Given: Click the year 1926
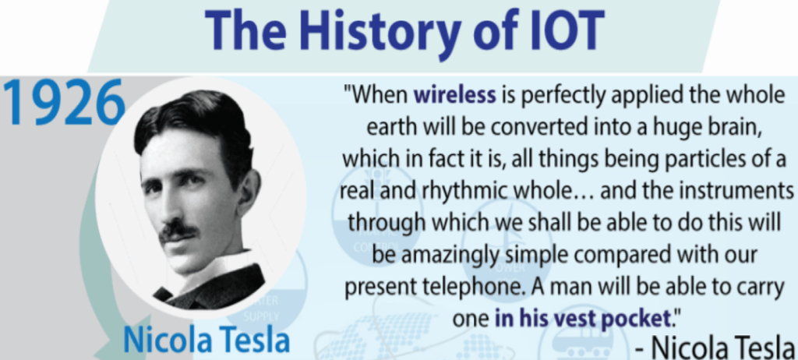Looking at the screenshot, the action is coord(64,103).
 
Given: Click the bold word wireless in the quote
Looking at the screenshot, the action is coord(455,95).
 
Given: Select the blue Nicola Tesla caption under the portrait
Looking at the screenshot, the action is coord(206,339).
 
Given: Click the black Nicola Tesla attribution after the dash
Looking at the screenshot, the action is coord(722,348).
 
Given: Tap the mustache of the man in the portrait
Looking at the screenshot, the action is coord(178,231).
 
